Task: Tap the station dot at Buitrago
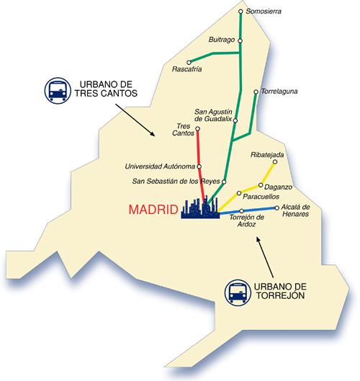(x=240, y=40)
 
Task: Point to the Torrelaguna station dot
(x=256, y=91)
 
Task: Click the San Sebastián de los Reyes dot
(x=225, y=181)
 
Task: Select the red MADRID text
(x=153, y=210)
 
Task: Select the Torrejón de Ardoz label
(x=243, y=222)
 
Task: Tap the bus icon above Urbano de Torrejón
(x=237, y=292)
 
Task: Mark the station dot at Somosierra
(x=240, y=12)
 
